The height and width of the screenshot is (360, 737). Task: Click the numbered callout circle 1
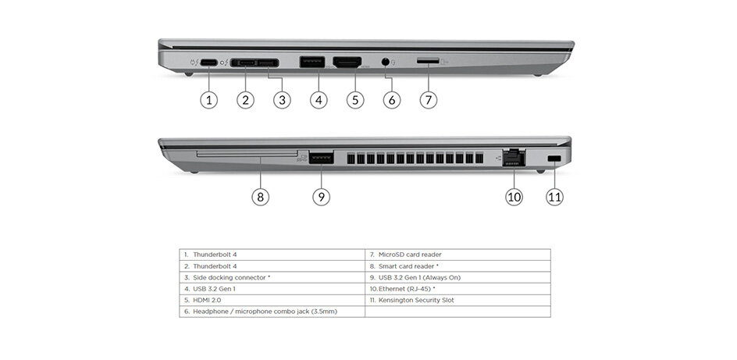(x=208, y=100)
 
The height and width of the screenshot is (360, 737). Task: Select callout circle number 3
(x=283, y=100)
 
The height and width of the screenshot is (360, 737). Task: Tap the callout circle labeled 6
(x=392, y=100)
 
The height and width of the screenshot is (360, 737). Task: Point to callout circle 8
(x=261, y=197)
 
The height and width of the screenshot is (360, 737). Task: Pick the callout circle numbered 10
(x=514, y=197)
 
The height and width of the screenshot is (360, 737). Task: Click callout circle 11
(x=554, y=197)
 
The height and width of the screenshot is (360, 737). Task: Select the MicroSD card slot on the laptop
(x=426, y=61)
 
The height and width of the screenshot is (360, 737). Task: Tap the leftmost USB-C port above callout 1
(x=208, y=62)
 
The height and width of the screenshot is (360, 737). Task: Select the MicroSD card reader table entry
(x=410, y=255)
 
